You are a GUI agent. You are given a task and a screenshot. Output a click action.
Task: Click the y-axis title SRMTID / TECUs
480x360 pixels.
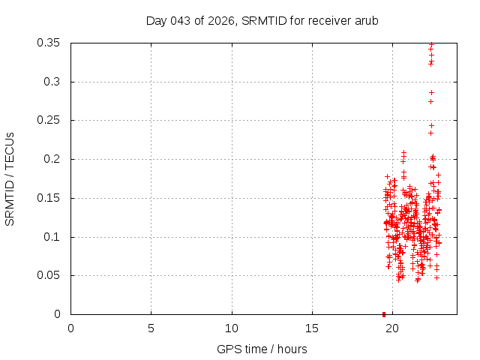click(x=10, y=178)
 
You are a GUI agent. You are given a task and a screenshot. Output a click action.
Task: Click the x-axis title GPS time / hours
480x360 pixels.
click(x=262, y=349)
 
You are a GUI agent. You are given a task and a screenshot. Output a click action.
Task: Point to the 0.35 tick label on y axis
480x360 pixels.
click(x=51, y=43)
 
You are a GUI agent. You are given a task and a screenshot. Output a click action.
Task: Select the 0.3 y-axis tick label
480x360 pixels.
click(x=54, y=82)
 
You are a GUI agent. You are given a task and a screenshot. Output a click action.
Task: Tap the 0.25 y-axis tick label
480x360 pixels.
click(x=51, y=120)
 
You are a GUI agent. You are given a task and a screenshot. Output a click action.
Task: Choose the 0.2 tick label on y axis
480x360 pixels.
click(x=54, y=159)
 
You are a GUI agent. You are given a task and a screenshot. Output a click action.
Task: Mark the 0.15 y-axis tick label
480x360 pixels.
click(x=51, y=198)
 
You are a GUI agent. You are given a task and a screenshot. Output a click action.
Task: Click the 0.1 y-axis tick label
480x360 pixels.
click(x=54, y=237)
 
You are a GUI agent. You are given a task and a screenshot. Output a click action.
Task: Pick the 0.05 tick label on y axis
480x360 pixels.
click(x=51, y=275)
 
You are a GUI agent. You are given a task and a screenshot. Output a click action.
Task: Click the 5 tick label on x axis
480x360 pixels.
click(x=151, y=328)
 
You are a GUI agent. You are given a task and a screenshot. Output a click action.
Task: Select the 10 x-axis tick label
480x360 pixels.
click(x=232, y=328)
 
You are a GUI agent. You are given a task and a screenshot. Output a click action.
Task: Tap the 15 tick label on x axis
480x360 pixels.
click(x=312, y=328)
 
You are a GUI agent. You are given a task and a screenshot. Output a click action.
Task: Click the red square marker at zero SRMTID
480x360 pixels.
click(x=384, y=314)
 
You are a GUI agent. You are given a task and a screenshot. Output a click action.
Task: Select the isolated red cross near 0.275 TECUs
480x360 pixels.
click(x=430, y=101)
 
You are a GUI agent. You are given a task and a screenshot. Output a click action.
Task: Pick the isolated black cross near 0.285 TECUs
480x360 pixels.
click(x=431, y=92)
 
